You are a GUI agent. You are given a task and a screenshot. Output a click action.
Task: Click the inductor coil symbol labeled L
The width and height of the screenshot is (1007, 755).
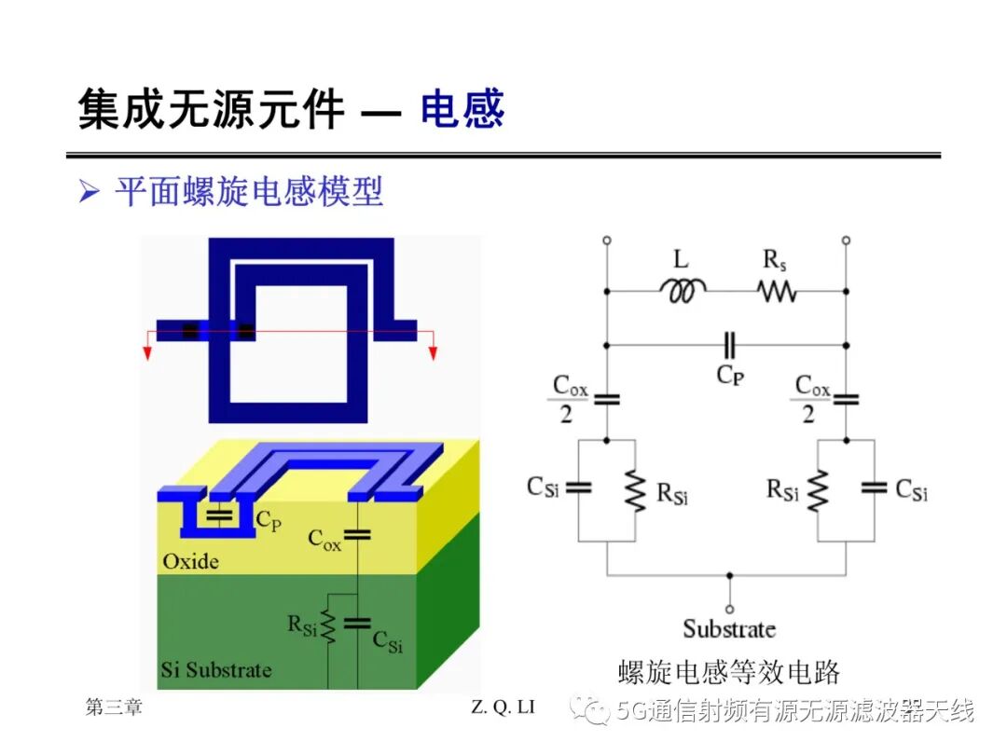click(x=683, y=290)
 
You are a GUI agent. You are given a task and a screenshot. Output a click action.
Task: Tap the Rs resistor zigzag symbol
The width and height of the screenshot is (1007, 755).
click(x=777, y=292)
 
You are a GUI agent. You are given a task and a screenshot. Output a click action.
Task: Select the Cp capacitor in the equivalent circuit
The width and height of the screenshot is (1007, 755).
click(x=729, y=346)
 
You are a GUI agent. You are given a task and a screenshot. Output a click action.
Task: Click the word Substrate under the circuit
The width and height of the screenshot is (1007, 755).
click(x=729, y=629)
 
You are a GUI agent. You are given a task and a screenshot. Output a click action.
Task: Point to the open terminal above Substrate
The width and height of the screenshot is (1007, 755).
click(x=729, y=609)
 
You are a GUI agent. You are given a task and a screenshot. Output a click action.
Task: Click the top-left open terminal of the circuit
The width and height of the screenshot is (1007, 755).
click(x=607, y=240)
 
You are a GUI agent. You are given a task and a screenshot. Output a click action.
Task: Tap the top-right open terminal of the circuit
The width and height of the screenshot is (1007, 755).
click(x=846, y=240)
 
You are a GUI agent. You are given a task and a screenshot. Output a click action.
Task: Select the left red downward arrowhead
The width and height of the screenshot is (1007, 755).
click(x=147, y=353)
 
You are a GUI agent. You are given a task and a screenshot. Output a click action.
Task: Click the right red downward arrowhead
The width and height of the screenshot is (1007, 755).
click(x=434, y=353)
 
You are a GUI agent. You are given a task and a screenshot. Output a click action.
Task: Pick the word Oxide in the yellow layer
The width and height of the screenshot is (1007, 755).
click(x=191, y=562)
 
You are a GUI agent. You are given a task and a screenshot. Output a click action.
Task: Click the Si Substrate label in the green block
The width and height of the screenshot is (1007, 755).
click(x=215, y=670)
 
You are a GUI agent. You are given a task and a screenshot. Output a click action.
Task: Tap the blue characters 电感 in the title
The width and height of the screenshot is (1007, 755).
click(x=462, y=109)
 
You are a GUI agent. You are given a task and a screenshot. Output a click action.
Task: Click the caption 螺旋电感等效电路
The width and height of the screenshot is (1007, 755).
click(x=729, y=672)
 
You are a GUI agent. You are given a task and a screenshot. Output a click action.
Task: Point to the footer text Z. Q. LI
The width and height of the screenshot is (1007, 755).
click(x=503, y=707)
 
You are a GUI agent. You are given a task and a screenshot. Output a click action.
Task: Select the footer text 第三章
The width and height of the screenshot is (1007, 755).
click(x=114, y=707)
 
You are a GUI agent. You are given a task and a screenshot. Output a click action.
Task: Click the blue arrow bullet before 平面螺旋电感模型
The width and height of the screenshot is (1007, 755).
click(x=90, y=191)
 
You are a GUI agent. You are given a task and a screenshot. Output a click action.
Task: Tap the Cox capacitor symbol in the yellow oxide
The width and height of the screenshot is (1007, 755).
click(x=357, y=535)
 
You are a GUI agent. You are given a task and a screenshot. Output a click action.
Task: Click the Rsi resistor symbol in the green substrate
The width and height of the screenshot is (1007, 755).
click(x=328, y=626)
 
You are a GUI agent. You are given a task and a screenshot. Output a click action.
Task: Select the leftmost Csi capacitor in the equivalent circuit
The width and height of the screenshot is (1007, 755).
click(x=578, y=487)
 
